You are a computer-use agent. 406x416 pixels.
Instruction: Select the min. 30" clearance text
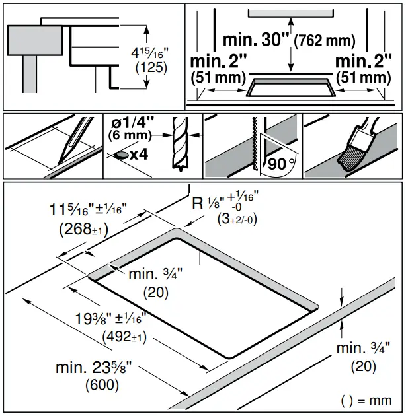point(257,39)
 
